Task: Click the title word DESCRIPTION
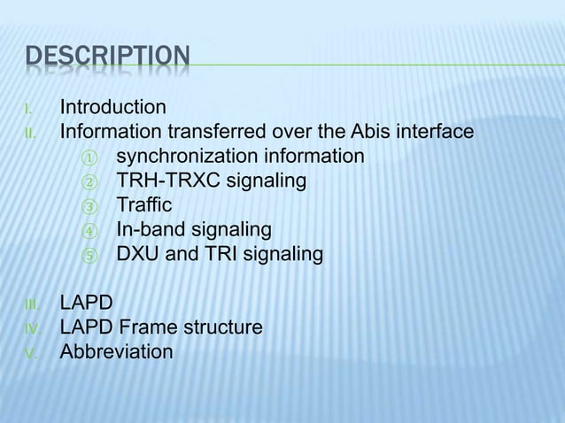coord(106,59)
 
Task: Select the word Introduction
coord(112,108)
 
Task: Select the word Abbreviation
coord(116,352)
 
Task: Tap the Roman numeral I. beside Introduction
coord(29,110)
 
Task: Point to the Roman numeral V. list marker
coord(29,353)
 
